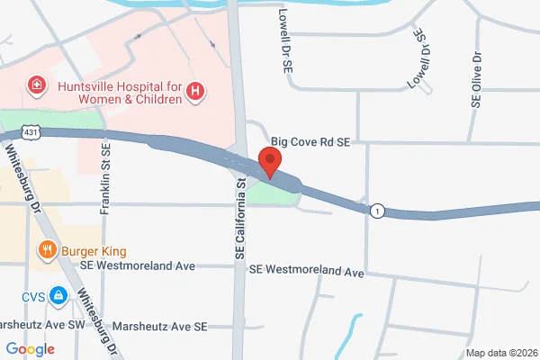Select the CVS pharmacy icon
point(58,295)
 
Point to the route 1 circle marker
point(376,211)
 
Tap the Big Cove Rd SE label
point(310,142)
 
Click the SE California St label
point(240,220)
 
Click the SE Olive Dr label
point(476,79)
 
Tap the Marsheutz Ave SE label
point(160,326)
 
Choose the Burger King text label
point(94,250)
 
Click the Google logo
point(30,349)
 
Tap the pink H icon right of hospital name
point(195,91)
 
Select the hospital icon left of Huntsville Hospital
point(37,87)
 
